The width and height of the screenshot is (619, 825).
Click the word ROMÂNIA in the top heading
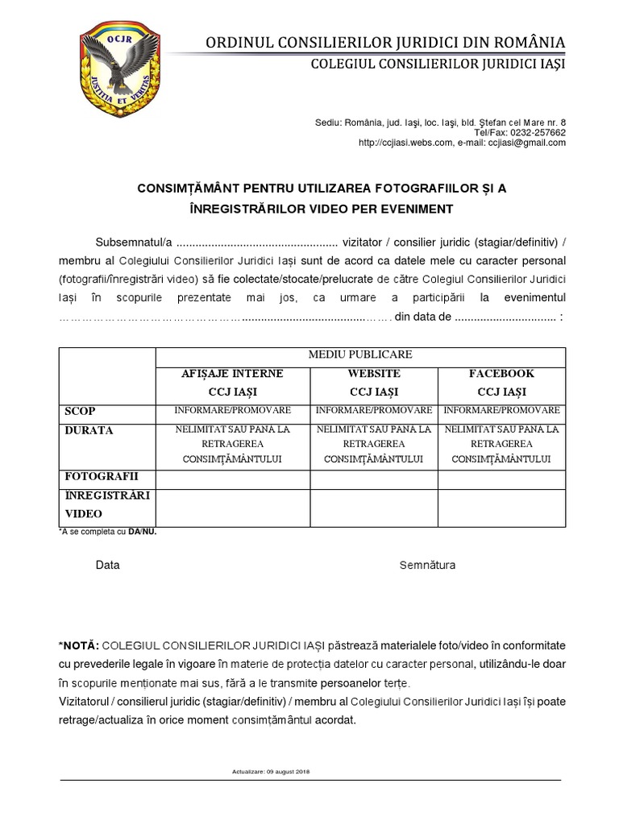tap(524, 43)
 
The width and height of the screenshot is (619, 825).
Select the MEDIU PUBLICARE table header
tap(359, 354)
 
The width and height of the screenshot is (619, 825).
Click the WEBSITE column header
tap(373, 374)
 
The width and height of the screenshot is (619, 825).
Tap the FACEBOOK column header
tap(501, 374)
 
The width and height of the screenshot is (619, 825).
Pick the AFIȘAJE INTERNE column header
tap(231, 374)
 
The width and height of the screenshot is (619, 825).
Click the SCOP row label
tap(79, 412)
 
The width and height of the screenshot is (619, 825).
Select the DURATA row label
tap(89, 430)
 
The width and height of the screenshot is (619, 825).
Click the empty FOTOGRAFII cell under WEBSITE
tap(373, 479)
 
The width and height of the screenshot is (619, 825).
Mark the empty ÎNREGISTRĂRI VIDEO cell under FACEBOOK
tap(501, 507)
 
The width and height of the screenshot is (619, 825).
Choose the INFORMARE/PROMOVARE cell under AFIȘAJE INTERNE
tap(231, 411)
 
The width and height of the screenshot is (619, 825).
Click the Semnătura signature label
tap(427, 565)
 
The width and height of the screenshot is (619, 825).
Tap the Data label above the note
tap(107, 565)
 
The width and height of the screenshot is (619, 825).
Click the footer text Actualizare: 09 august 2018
tap(271, 772)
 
